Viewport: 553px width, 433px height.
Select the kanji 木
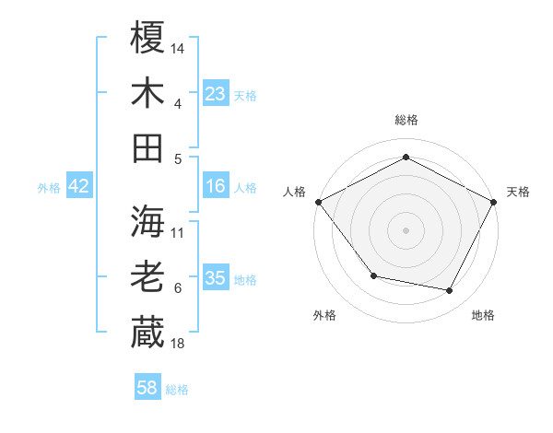(x=147, y=93)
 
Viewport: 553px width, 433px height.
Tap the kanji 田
(x=147, y=147)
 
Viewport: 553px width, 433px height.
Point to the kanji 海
(x=147, y=221)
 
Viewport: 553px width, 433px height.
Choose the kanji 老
(x=147, y=277)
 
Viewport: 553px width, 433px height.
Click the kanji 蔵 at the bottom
(x=147, y=333)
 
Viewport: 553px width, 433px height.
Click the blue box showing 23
(x=216, y=93)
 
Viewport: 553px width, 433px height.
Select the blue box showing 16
(x=216, y=187)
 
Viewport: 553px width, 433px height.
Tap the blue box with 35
(x=216, y=278)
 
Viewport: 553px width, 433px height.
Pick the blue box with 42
(x=79, y=187)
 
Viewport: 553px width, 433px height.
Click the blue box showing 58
(x=147, y=388)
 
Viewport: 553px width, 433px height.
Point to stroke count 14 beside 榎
(x=179, y=47)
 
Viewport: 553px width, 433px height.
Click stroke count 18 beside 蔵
(x=179, y=344)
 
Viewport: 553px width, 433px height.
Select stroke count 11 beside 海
(x=179, y=232)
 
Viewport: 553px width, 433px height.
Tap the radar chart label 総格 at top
(x=406, y=120)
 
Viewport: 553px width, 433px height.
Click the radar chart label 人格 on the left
(x=295, y=192)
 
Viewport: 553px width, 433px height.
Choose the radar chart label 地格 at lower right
(x=483, y=315)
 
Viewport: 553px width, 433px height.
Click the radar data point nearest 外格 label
(x=373, y=275)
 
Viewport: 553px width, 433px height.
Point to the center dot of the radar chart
(x=406, y=229)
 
